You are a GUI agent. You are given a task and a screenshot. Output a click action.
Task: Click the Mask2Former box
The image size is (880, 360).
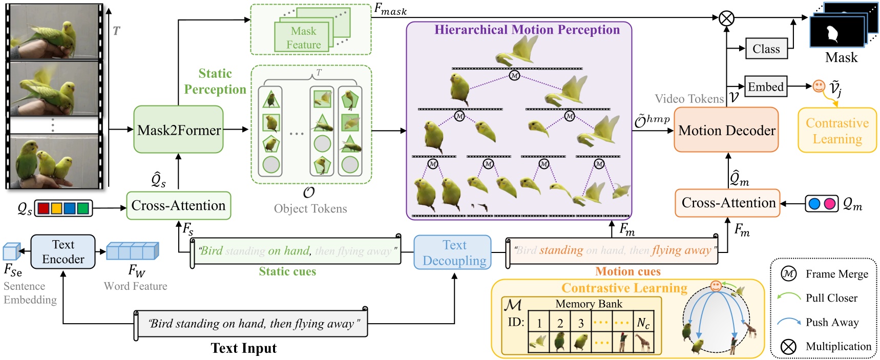click(x=178, y=130)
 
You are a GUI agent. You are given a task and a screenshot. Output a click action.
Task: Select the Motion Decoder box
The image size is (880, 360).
click(x=726, y=130)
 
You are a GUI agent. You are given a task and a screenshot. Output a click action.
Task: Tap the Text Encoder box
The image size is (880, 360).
click(x=63, y=252)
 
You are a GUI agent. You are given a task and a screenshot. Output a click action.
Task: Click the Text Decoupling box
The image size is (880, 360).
click(x=453, y=252)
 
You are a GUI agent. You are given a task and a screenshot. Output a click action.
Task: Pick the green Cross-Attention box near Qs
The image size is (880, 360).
click(x=178, y=205)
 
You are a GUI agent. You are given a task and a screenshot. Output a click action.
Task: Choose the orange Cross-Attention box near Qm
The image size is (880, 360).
click(x=727, y=203)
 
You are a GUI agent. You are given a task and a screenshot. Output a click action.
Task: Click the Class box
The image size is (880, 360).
click(x=766, y=49)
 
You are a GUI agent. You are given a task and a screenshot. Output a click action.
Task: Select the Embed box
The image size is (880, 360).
click(x=765, y=87)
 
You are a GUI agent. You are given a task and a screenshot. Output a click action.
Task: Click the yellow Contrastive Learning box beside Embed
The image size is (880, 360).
click(x=837, y=131)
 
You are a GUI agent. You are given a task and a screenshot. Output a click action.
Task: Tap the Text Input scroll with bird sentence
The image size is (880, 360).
click(x=251, y=324)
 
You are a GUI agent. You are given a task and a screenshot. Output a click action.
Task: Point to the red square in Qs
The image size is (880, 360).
click(x=44, y=208)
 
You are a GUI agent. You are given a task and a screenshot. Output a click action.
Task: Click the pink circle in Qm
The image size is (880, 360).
click(x=829, y=204)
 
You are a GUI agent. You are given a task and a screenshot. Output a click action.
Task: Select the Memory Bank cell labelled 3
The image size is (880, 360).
click(x=581, y=323)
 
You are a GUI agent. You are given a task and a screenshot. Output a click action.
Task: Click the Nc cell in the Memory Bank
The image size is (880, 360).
click(x=643, y=323)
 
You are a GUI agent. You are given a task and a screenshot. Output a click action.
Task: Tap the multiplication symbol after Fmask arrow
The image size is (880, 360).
click(x=726, y=19)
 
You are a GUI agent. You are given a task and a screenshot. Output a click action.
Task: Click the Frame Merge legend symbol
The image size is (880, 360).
click(x=788, y=274)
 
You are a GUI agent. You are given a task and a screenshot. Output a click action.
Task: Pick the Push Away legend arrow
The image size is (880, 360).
click(x=788, y=322)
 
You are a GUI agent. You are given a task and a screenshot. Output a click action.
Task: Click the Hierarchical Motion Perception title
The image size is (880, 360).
click(x=527, y=30)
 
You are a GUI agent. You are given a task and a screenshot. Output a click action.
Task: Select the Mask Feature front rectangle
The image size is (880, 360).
click(x=303, y=38)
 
